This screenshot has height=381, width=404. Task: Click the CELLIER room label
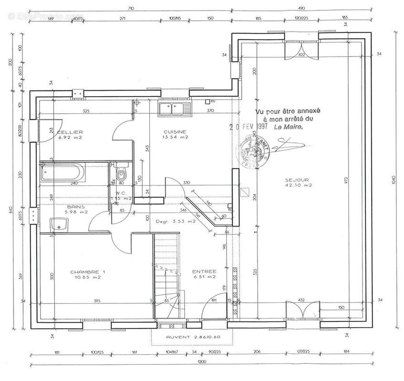pyautogui.click(x=70, y=132)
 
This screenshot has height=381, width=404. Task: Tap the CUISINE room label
pyautogui.click(x=175, y=132)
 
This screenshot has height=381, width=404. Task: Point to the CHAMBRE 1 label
pyautogui.click(x=87, y=272)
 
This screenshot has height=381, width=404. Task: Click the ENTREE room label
pyautogui.click(x=204, y=271)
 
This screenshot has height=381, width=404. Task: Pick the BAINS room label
pyautogui.click(x=76, y=207)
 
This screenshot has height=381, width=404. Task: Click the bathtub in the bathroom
pyautogui.click(x=62, y=171)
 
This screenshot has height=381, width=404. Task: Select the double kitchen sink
pyautogui.click(x=174, y=109)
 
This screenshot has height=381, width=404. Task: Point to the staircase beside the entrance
pyautogui.click(x=167, y=276)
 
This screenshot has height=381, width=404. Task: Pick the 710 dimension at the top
pyautogui.click(x=132, y=8)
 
